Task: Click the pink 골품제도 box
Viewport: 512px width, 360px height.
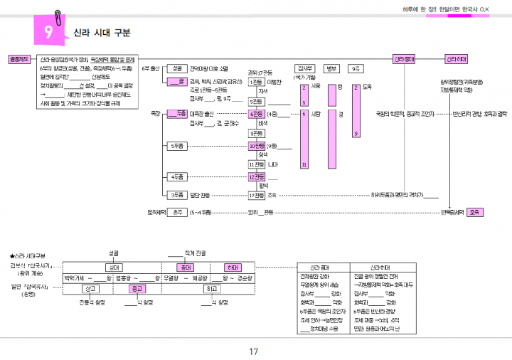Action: click(x=18, y=59)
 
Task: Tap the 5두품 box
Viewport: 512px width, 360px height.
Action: click(x=177, y=146)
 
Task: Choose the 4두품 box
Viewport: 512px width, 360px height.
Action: click(x=177, y=176)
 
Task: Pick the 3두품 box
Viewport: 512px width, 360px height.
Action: click(x=177, y=194)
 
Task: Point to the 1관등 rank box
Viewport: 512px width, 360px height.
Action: click(x=257, y=83)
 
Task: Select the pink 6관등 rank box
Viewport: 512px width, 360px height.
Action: click(x=257, y=114)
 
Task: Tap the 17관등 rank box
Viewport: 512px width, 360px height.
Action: click(x=257, y=194)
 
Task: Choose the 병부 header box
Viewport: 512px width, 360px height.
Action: click(x=331, y=69)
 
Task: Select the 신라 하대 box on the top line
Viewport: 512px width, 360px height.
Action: click(x=456, y=59)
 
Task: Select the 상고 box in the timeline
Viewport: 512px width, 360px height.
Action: click(x=91, y=289)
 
